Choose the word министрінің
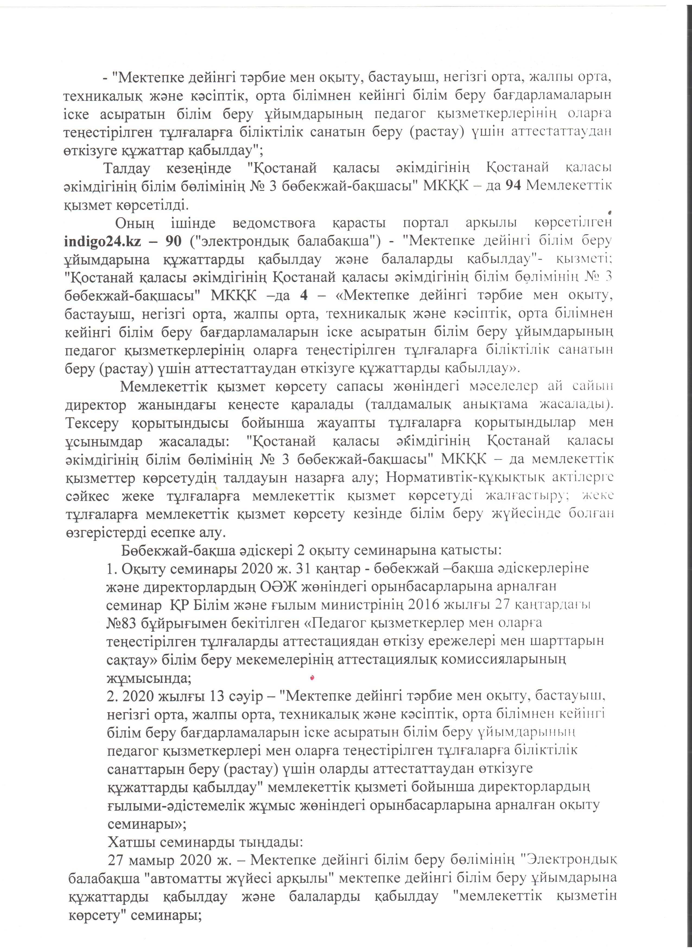357,605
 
